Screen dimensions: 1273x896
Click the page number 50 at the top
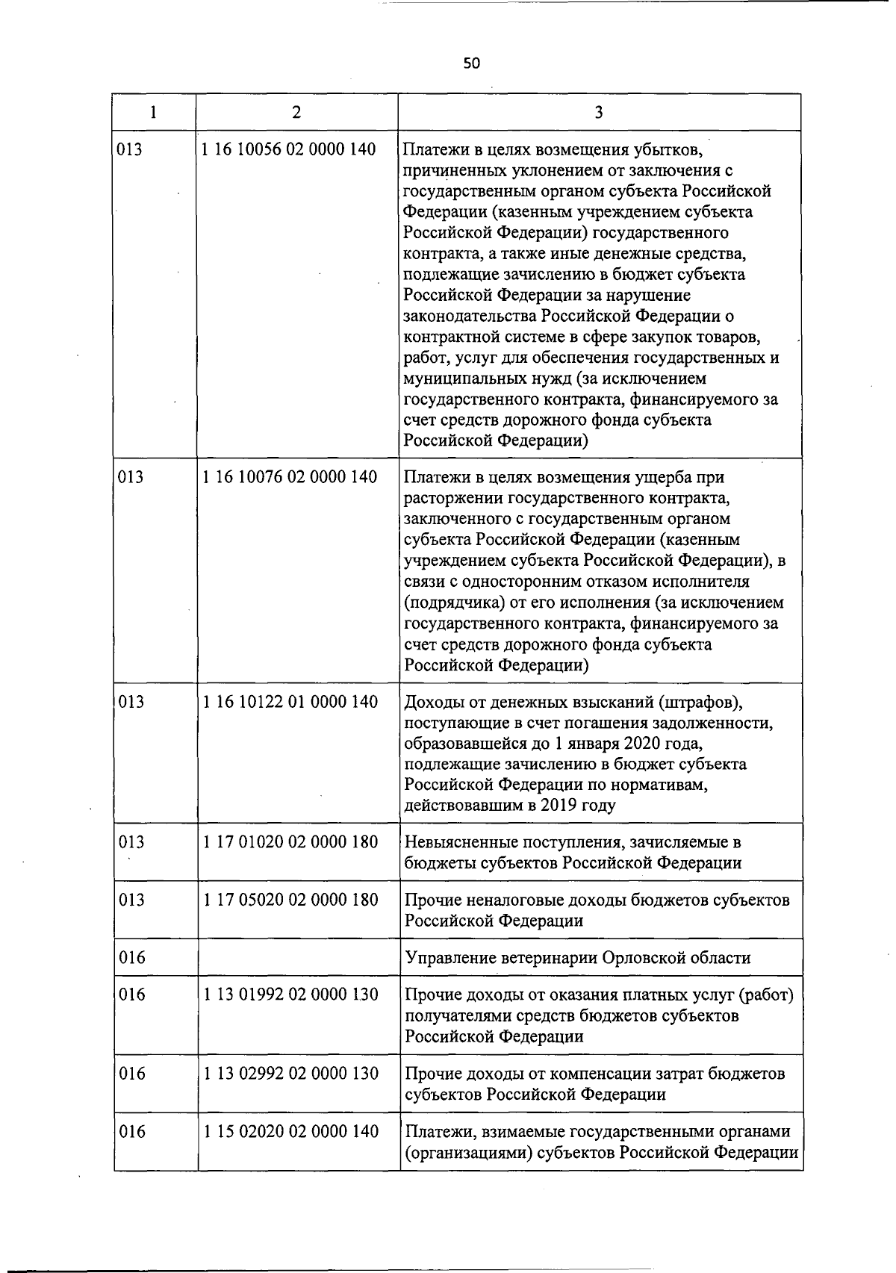(x=471, y=63)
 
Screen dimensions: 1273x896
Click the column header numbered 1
(x=154, y=112)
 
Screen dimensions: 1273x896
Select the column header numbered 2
(x=297, y=112)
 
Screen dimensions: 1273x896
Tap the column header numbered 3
(x=599, y=112)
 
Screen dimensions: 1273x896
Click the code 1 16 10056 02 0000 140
(x=289, y=149)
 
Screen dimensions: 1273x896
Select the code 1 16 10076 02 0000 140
(x=289, y=476)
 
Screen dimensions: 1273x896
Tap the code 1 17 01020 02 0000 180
(x=290, y=842)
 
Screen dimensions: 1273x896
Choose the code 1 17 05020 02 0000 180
(x=290, y=900)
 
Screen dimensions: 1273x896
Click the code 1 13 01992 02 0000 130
(x=290, y=995)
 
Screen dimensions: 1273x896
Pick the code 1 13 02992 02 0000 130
(x=290, y=1074)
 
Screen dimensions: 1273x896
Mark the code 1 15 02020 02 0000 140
(x=290, y=1132)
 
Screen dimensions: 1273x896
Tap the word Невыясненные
(x=458, y=842)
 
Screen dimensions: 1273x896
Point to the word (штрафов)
(x=703, y=702)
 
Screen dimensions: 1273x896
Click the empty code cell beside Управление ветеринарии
(x=297, y=957)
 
